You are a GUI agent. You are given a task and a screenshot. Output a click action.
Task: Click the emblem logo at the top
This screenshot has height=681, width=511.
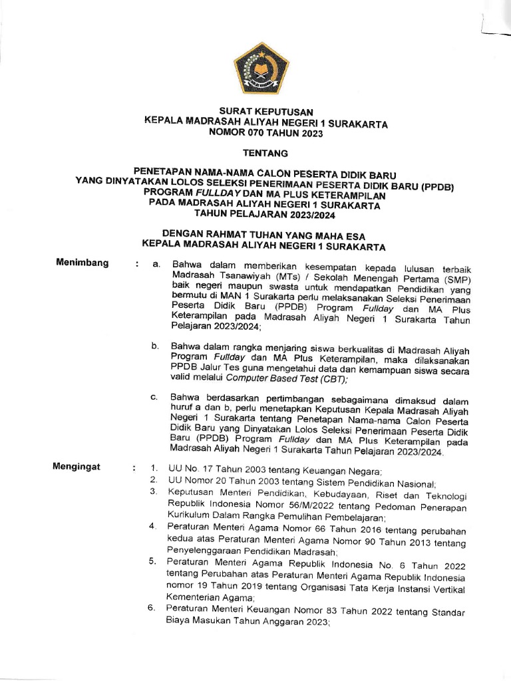click(x=260, y=70)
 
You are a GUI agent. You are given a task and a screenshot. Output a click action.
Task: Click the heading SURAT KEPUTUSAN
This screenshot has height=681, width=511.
click(x=265, y=112)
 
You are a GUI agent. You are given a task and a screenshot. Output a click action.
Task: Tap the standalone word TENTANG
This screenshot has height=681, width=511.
click(x=265, y=154)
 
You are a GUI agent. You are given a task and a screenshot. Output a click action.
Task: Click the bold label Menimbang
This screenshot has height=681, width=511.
click(x=83, y=263)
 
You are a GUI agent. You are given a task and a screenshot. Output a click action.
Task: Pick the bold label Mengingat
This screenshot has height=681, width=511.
click(x=77, y=467)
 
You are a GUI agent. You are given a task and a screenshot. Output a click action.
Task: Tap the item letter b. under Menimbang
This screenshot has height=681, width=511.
click(x=155, y=346)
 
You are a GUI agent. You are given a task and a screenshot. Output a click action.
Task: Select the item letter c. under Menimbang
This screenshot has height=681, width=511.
click(x=154, y=398)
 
